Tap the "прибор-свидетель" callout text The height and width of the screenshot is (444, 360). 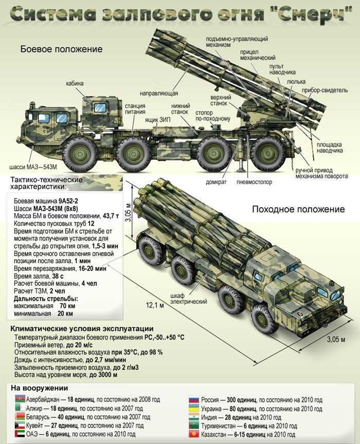coord(330,90)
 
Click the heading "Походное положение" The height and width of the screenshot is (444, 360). coord(297,209)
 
